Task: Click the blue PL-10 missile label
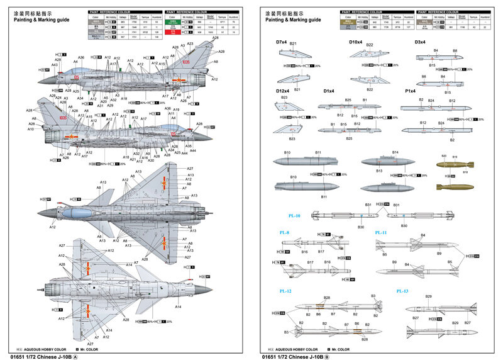(294, 215)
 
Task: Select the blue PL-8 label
(284, 232)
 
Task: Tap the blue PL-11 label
(381, 232)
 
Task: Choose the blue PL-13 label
(402, 291)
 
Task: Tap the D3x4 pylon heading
(420, 42)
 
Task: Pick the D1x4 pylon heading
(329, 91)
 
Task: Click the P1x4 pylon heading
(411, 91)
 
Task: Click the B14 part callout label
(395, 152)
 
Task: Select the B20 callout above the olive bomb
(443, 155)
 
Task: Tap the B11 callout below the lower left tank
(324, 197)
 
